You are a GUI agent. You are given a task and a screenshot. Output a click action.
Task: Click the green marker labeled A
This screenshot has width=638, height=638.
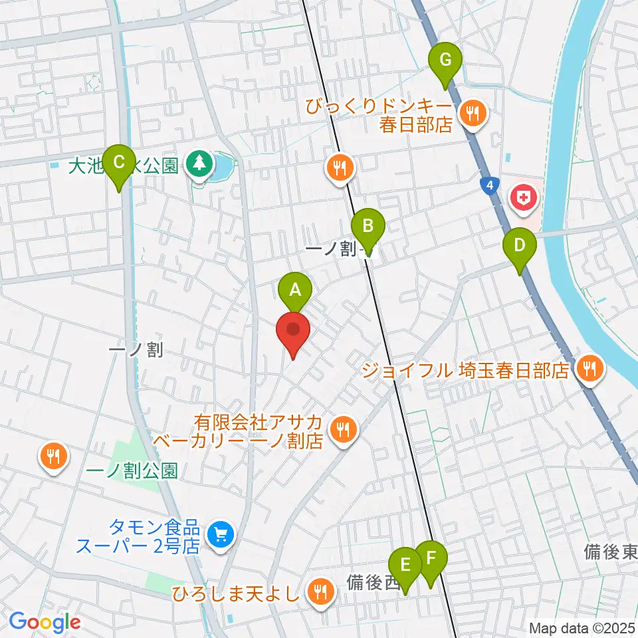pos(295,290)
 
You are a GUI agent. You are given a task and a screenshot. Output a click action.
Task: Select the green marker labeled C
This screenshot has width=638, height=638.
pos(120,163)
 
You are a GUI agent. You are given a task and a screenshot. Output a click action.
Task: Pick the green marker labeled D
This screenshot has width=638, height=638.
pos(520,245)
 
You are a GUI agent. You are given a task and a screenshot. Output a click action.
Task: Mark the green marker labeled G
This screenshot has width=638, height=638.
pos(445,62)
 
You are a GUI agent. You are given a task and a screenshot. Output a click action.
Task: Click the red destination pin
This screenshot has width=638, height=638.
pos(293,331)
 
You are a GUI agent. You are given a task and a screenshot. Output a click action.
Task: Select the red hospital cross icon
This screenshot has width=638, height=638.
pos(522,197)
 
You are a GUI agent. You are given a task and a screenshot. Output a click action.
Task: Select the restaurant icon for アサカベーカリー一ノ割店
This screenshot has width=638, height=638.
pos(343,429)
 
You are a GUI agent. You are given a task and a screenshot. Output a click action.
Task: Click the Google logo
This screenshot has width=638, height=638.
pos(45,622)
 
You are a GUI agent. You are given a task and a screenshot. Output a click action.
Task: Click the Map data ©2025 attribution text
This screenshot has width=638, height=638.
pos(582,627)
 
